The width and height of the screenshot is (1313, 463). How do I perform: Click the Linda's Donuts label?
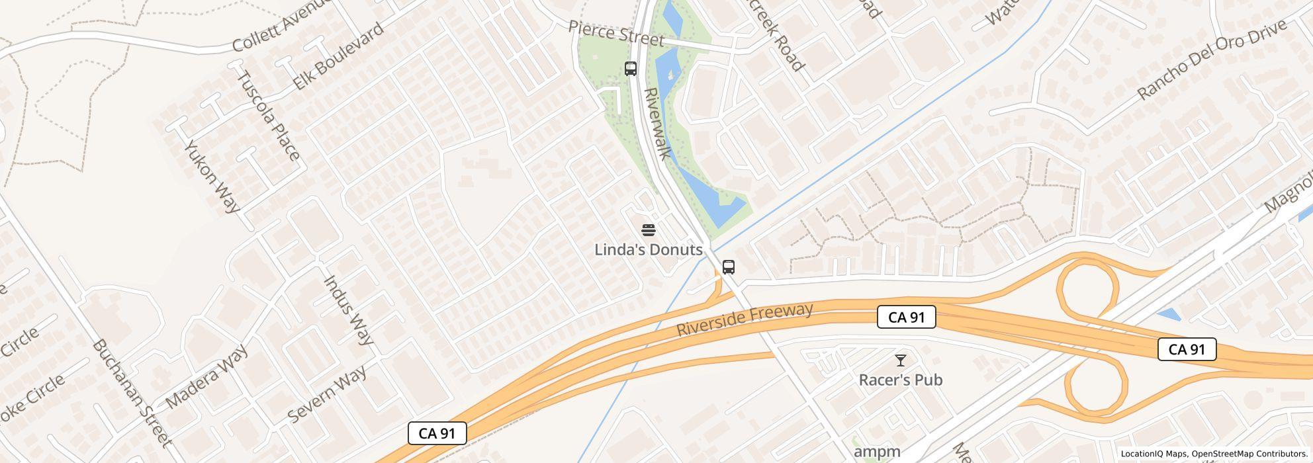(x=648, y=250)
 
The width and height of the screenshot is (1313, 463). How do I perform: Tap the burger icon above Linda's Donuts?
(x=649, y=230)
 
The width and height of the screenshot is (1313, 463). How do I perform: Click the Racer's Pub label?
(x=900, y=380)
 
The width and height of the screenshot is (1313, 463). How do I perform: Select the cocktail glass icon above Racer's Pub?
(x=901, y=360)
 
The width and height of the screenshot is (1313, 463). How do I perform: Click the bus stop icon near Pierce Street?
(x=631, y=69)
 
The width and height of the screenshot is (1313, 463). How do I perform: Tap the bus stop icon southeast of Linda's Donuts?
(x=729, y=267)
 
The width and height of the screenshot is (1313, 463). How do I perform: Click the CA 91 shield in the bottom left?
(x=437, y=433)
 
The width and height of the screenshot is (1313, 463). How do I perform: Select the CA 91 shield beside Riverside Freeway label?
(x=906, y=317)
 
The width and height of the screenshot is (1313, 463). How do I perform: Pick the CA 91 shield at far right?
(x=1187, y=349)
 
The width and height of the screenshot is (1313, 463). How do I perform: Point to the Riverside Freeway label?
(x=744, y=320)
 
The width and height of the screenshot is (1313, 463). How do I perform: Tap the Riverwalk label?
(x=658, y=124)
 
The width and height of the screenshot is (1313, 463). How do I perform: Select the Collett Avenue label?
(x=281, y=26)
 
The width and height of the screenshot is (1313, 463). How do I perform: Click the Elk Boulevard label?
(x=338, y=56)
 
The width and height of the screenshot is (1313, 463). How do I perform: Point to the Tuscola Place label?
(x=268, y=116)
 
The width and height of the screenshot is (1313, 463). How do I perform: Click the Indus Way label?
(x=348, y=310)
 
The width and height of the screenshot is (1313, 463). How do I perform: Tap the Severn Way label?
(x=328, y=395)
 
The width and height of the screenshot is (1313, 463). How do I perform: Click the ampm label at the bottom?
(x=877, y=452)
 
